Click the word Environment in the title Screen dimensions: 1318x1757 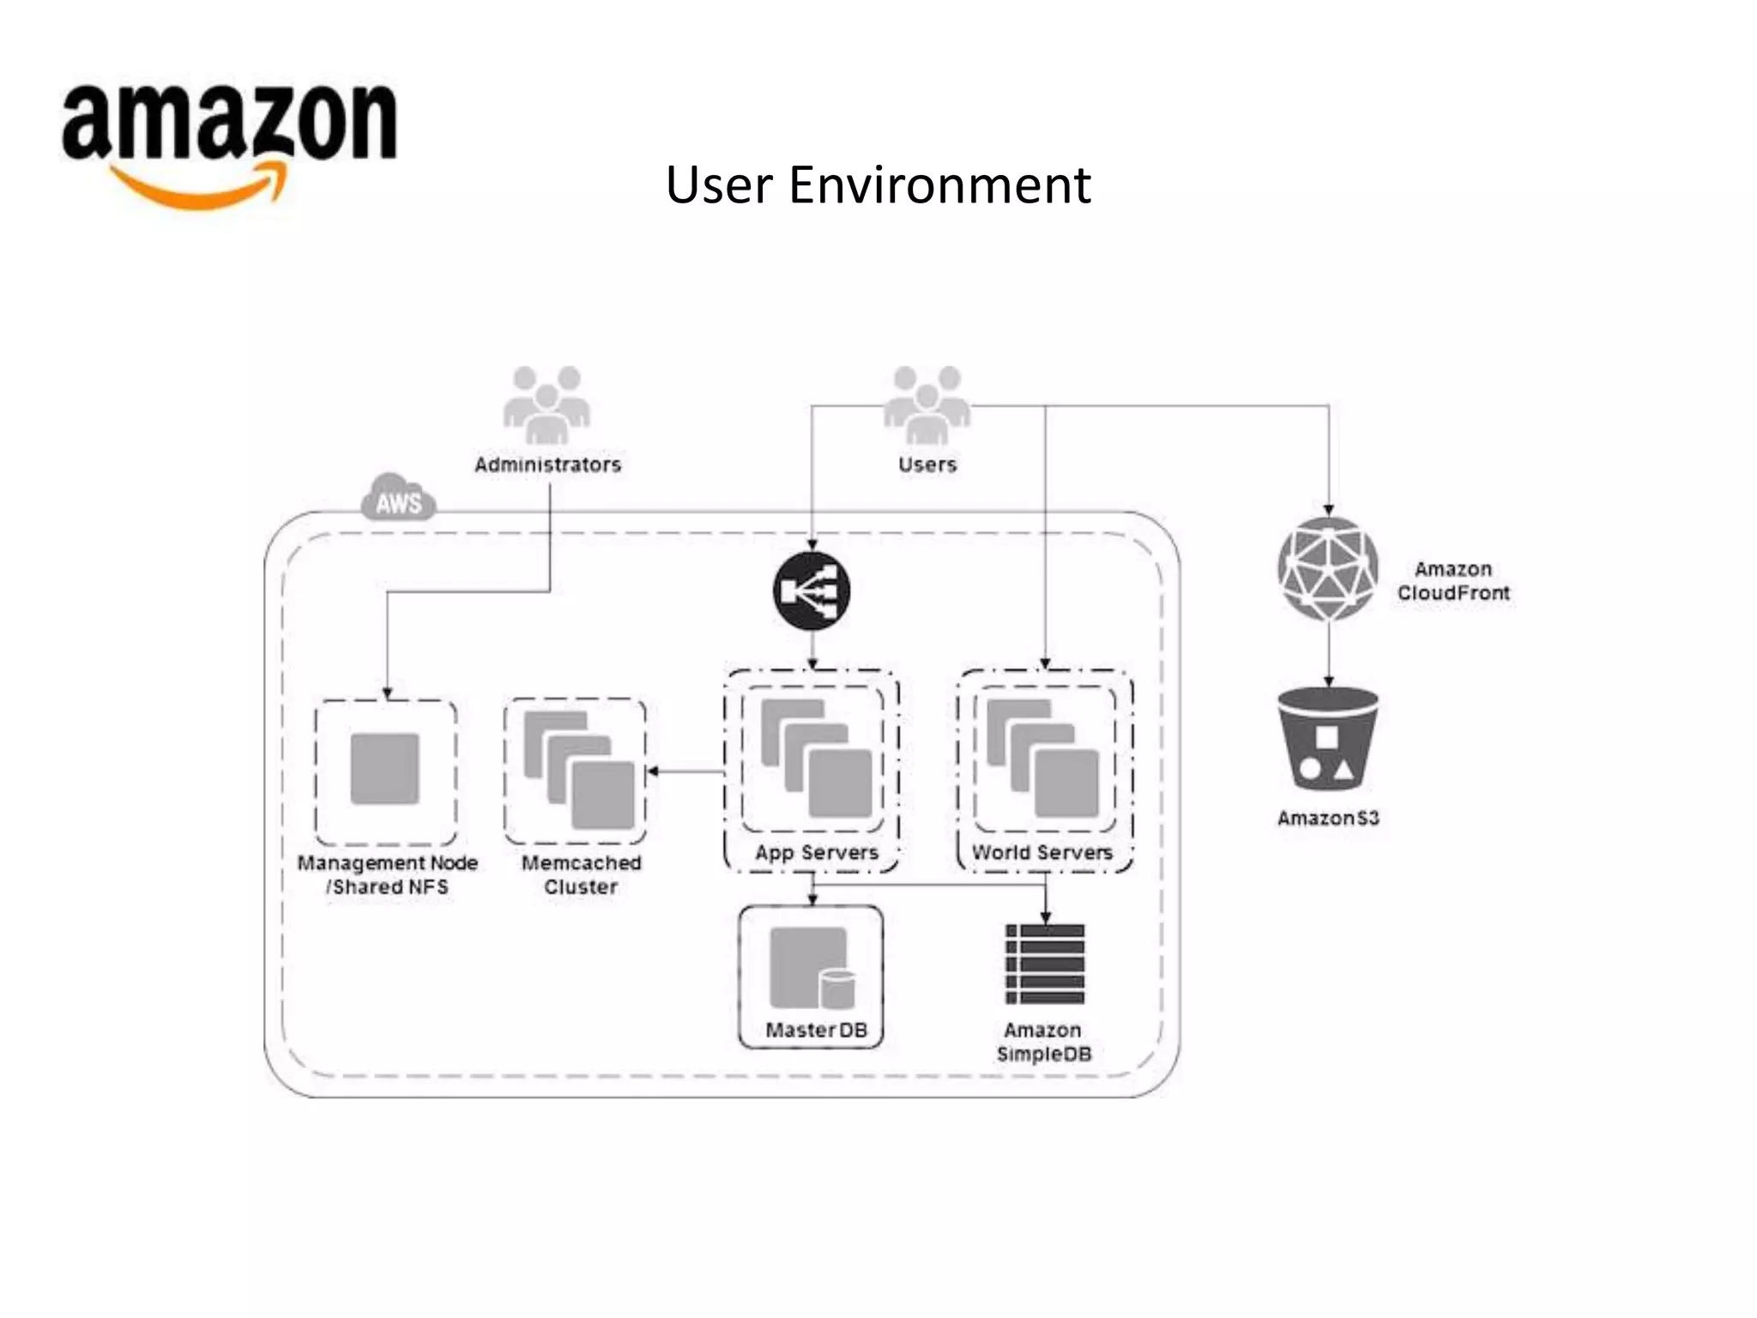pos(939,184)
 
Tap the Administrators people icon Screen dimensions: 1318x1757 pos(546,404)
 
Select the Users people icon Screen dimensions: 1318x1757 pos(927,404)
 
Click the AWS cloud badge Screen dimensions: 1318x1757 pos(398,499)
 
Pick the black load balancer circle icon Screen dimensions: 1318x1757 pos(812,591)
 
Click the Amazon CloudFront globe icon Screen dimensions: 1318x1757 pos(1328,569)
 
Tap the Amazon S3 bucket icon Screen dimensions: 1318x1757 pos(1328,739)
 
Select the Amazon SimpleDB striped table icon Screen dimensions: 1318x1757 pos(1045,964)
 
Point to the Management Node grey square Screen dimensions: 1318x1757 pos(385,769)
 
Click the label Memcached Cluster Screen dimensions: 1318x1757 pos(581,874)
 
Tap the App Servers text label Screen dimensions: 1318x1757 pos(816,853)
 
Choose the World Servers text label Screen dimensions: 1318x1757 pos(1042,853)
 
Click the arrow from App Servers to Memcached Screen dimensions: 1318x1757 pos(686,771)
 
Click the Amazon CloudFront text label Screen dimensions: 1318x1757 pos(1453,581)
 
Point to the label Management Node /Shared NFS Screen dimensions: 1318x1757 pos(387,874)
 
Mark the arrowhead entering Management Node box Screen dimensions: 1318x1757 pos(387,693)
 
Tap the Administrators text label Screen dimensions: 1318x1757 pos(547,464)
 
